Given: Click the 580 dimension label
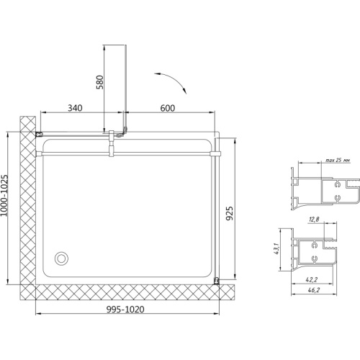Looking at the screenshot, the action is (99, 82).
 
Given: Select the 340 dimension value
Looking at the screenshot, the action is (75, 108).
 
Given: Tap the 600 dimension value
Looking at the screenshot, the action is (168, 108).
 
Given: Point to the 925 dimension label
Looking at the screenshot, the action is (230, 213).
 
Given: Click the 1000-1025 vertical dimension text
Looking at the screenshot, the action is (4, 195).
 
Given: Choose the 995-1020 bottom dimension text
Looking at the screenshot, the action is (125, 310).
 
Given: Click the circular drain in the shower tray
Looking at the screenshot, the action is (61, 258).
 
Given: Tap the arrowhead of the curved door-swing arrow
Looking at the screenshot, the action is (184, 91).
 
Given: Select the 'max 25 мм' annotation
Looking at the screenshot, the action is (338, 160).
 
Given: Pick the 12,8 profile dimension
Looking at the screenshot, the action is (314, 219).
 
